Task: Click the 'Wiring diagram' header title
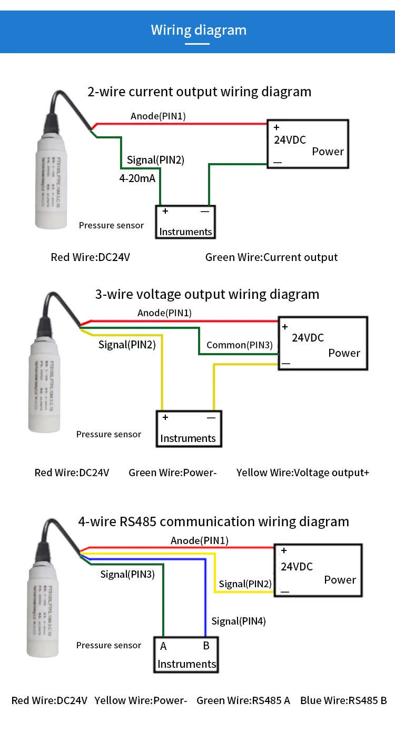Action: point(199,29)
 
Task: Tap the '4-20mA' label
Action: point(137,178)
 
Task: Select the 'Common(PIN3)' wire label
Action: point(240,345)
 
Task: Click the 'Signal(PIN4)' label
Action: point(239,621)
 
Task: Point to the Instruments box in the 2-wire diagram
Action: point(185,222)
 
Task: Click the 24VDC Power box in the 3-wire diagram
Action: point(322,343)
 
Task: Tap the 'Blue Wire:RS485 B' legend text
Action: point(343,700)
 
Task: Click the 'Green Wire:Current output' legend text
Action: point(271,257)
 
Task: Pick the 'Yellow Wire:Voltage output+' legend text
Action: point(303,473)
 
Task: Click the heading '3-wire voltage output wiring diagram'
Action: point(207,294)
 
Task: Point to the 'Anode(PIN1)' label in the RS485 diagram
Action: point(200,540)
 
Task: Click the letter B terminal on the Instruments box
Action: point(206,646)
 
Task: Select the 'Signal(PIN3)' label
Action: point(127,574)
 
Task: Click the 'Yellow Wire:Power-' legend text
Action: point(141,700)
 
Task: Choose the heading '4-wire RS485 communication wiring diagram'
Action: point(213,522)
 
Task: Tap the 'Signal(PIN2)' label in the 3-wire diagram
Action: point(127,345)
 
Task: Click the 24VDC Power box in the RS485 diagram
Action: point(318,570)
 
